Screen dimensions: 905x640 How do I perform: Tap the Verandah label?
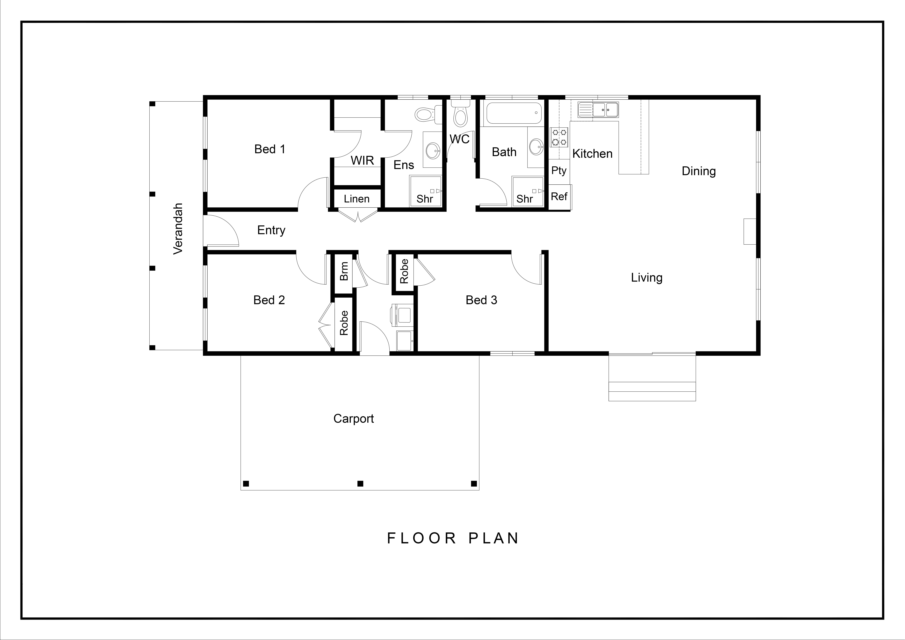tap(178, 229)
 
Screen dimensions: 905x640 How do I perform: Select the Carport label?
tap(354, 418)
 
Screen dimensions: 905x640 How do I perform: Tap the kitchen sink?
tap(598, 110)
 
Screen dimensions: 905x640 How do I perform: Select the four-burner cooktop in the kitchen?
tap(559, 137)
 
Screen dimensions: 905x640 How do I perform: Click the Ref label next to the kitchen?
tap(559, 196)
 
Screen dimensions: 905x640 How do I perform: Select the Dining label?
tap(698, 171)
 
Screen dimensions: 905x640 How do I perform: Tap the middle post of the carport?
tap(360, 483)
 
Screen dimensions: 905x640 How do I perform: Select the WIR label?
tap(362, 160)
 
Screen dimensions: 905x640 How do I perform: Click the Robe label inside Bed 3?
tap(404, 271)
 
